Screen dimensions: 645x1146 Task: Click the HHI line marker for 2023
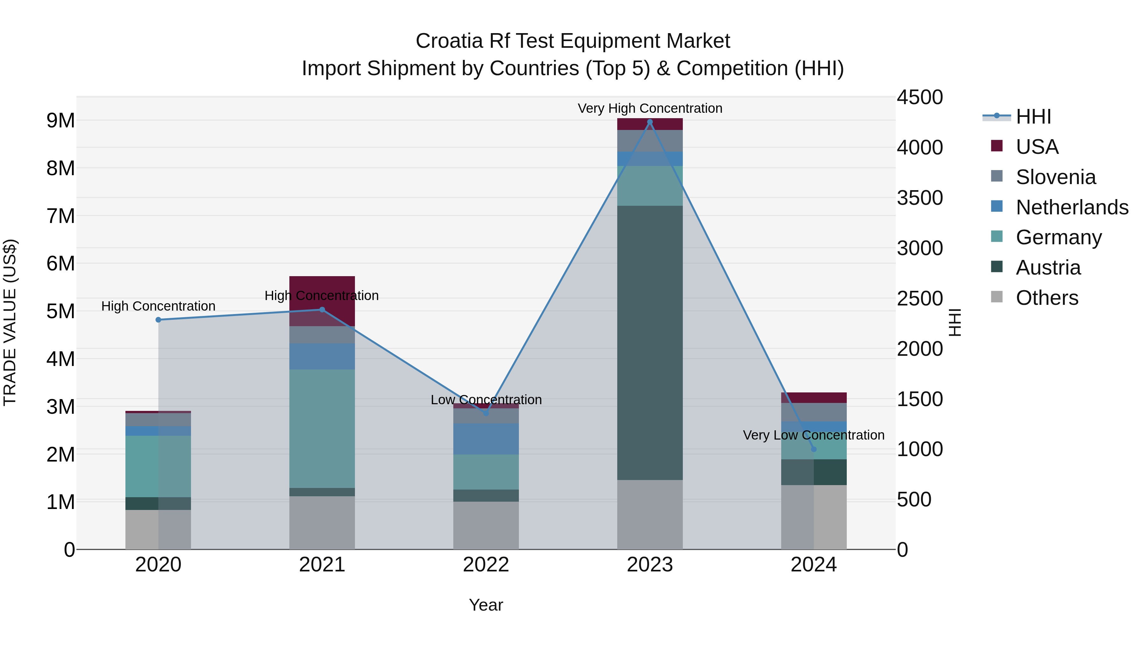tap(649, 122)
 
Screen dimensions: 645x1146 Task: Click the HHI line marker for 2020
tap(159, 319)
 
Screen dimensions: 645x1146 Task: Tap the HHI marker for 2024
tap(814, 449)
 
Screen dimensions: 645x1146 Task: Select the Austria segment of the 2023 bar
tap(649, 343)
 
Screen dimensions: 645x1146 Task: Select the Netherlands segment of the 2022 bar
tap(486, 439)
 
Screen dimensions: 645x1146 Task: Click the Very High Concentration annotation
tap(649, 108)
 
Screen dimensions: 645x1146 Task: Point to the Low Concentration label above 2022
tap(486, 399)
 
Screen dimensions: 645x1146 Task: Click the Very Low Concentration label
tap(813, 435)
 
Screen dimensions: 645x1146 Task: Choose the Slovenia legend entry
tap(1056, 177)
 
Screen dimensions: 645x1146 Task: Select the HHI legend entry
tap(1033, 117)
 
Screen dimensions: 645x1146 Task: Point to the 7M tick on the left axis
tap(61, 216)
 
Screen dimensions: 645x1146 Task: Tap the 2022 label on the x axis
tap(486, 565)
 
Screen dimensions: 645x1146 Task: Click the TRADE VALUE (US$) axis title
tap(10, 322)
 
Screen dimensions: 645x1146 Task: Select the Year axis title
tap(486, 605)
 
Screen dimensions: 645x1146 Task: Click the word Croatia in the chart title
tap(449, 41)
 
